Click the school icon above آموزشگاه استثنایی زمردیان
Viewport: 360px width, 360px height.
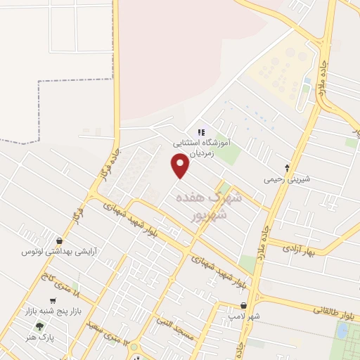tap(200, 131)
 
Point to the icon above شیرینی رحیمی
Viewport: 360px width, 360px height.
tap(286, 167)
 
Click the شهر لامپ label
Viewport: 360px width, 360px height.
tap(245, 317)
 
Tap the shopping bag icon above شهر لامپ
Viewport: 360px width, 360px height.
tap(243, 306)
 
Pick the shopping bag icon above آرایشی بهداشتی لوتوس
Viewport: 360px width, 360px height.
tap(68, 240)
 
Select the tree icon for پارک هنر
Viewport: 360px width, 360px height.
tap(39, 327)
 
